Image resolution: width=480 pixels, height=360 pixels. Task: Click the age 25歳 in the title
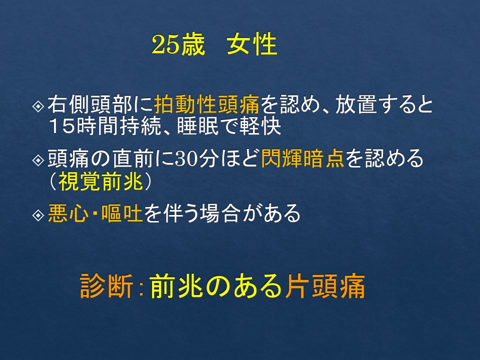tap(178, 44)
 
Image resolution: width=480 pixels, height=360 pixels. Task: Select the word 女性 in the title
tap(252, 44)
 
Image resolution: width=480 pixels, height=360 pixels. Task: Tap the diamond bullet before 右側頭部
tap(38, 106)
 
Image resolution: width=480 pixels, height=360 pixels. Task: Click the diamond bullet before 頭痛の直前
tap(38, 160)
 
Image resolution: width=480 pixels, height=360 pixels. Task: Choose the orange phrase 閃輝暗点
tap(303, 158)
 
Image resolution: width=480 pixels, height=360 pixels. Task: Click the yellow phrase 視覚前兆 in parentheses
tap(101, 181)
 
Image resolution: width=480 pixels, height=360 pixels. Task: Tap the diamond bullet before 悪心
tap(38, 215)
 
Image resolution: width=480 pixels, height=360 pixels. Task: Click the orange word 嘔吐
tap(122, 213)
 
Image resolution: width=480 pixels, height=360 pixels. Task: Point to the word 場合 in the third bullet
tap(220, 213)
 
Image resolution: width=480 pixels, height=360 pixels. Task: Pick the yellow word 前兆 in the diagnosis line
tap(176, 285)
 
